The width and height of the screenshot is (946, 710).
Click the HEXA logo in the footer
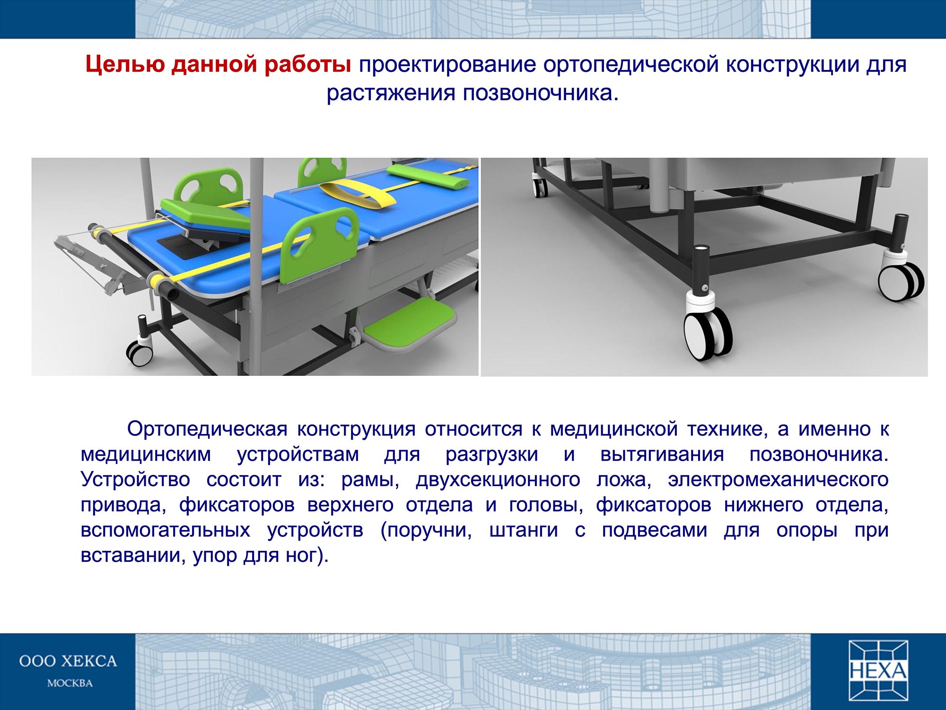pos(878,670)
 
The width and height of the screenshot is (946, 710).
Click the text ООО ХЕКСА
pos(68,661)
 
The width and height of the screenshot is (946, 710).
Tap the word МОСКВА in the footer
pos(70,683)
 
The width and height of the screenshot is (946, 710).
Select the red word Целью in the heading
pos(125,65)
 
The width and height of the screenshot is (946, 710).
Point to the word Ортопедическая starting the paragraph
pos(207,429)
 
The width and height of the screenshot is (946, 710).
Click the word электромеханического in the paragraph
pos(778,479)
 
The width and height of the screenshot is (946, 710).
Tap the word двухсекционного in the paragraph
pos(498,479)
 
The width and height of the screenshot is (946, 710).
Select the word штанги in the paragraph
pos(524,530)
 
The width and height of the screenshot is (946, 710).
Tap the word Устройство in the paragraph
pos(136,479)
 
